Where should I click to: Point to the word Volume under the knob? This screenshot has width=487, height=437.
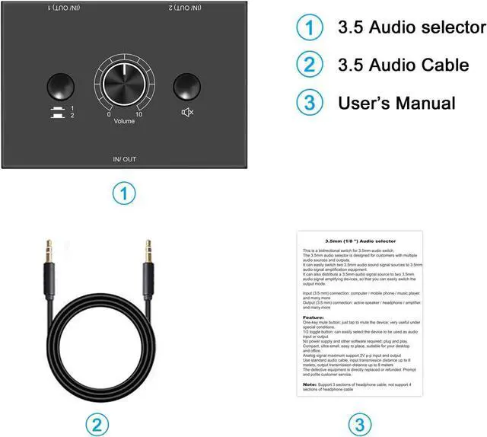coord(123,121)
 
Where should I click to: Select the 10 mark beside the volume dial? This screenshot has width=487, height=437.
coord(138,115)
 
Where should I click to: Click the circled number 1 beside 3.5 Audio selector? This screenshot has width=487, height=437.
coord(309,29)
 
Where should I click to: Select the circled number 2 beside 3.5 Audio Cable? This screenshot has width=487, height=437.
coord(309,65)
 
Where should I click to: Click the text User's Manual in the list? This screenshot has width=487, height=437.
coord(396,102)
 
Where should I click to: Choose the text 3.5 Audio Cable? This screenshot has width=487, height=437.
coord(403,65)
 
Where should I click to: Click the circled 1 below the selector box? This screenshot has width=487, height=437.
coord(123,193)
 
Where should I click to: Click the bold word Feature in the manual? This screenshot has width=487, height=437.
coord(313,317)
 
